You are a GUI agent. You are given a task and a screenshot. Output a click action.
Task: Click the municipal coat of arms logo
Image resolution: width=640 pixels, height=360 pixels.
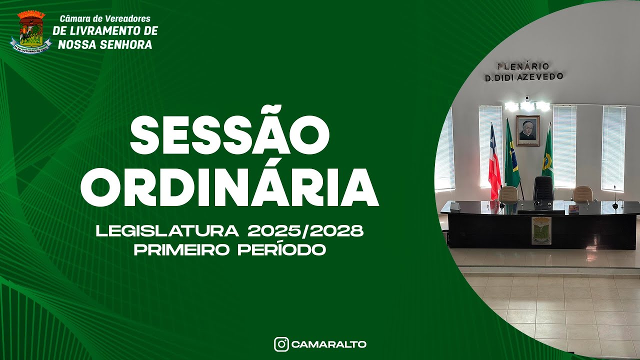coord(30,31)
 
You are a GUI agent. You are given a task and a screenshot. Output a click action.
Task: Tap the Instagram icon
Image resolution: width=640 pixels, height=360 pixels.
coord(281,344)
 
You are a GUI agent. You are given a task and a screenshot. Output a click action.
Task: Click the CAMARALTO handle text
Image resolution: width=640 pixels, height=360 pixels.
coord(328,344)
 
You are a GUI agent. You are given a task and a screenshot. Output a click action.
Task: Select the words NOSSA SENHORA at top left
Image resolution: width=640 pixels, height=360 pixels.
coord(105,44)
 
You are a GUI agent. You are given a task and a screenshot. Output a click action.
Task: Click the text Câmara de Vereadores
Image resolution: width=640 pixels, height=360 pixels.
coord(105,19)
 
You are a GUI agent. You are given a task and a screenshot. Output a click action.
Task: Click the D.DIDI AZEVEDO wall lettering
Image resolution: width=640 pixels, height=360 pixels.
coord(523,77)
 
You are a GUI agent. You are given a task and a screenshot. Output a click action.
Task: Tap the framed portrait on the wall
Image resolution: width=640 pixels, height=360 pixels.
coord(527,130)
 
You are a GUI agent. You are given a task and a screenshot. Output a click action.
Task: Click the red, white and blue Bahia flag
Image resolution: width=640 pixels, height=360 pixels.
coord(494,157)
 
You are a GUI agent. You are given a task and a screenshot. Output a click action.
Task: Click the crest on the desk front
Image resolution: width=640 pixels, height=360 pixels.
coord(541,230)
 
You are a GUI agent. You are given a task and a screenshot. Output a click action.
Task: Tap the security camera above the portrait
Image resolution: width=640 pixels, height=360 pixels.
coord(527,98)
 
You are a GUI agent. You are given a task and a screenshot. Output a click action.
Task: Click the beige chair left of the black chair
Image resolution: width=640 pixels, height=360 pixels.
coord(508,193)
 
